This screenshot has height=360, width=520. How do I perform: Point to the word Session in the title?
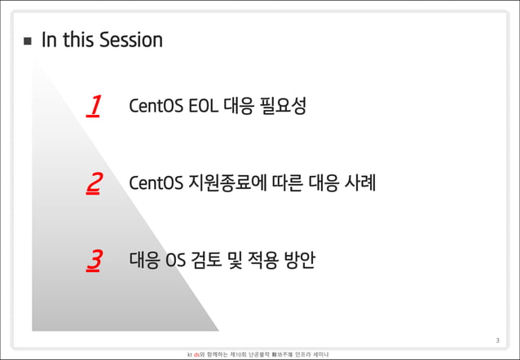click(130, 40)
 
